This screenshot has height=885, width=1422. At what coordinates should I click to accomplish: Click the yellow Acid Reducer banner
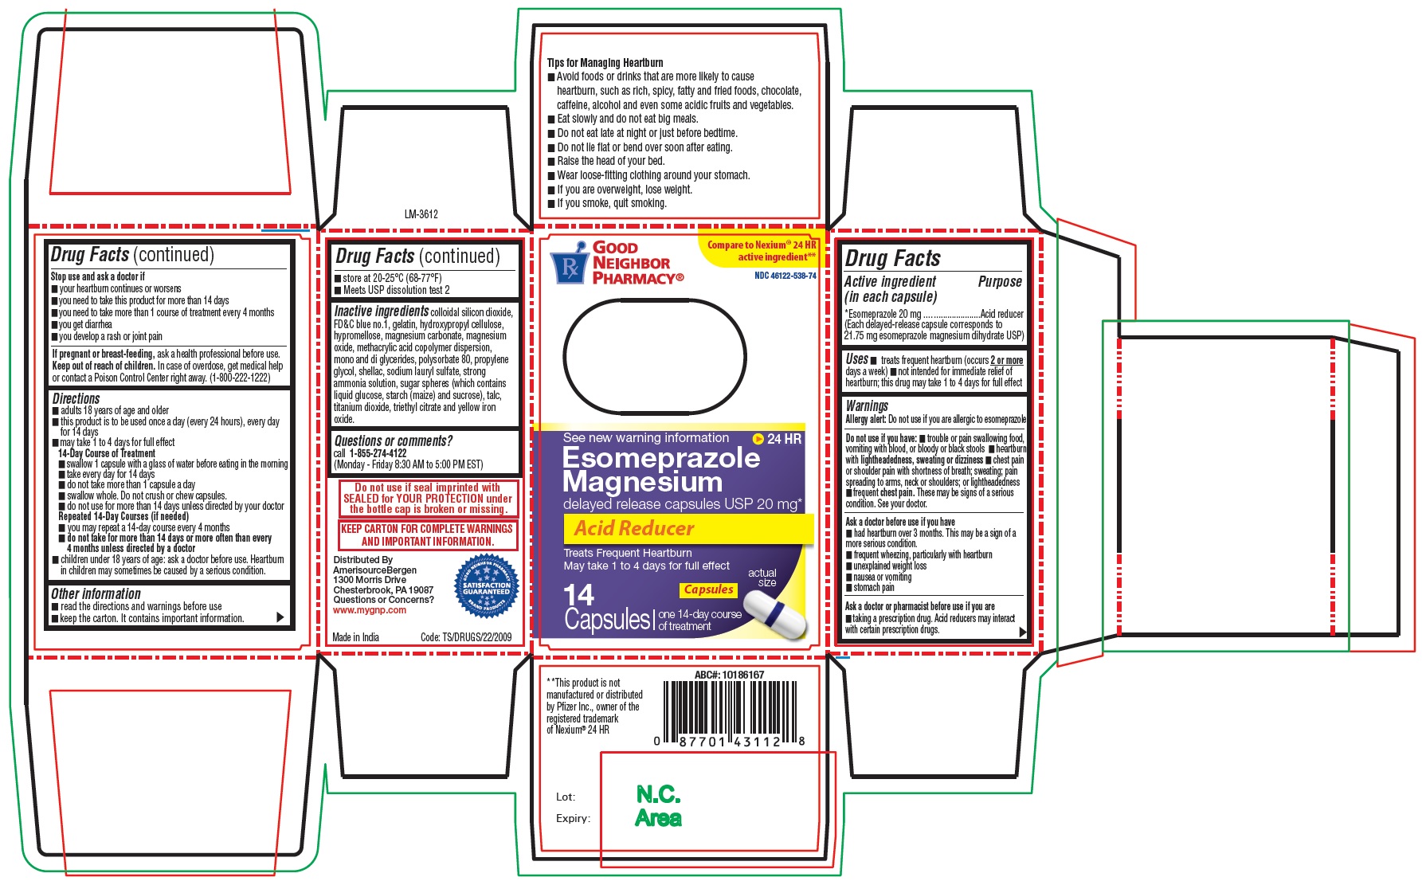pyautogui.click(x=688, y=528)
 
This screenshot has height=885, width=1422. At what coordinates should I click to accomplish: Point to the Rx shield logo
pyautogui.click(x=569, y=267)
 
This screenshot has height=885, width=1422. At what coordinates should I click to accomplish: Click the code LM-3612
pyautogui.click(x=421, y=214)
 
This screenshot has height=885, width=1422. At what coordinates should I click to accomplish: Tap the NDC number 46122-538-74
pyautogui.click(x=785, y=276)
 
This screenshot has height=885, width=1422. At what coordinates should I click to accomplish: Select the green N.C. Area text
pyautogui.click(x=658, y=806)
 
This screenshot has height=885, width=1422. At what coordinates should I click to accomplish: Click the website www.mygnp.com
pyautogui.click(x=370, y=610)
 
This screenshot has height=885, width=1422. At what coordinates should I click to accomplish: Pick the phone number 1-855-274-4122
pyautogui.click(x=378, y=453)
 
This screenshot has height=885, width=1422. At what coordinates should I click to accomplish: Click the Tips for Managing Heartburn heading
pyautogui.click(x=605, y=63)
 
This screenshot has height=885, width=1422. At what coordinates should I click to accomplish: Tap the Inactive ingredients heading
pyautogui.click(x=382, y=311)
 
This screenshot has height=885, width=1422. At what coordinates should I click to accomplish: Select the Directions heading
pyautogui.click(x=76, y=398)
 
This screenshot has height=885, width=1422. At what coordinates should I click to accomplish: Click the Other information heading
pyautogui.click(x=96, y=594)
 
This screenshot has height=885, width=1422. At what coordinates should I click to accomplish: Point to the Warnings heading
pyautogui.click(x=867, y=406)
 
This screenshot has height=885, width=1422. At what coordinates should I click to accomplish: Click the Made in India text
pyautogui.click(x=355, y=637)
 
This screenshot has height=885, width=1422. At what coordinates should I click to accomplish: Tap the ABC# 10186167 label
pyautogui.click(x=729, y=675)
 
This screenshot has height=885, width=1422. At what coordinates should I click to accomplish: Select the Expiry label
pyautogui.click(x=573, y=818)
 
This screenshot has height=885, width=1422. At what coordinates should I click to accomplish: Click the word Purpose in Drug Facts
pyautogui.click(x=1000, y=282)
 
